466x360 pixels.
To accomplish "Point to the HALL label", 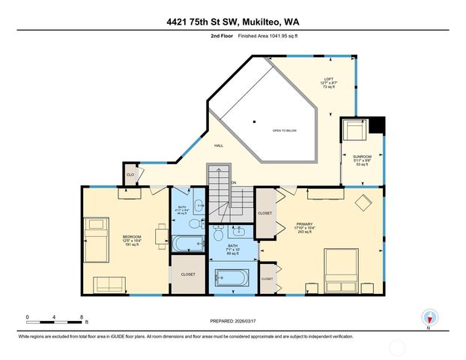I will [x=219, y=145].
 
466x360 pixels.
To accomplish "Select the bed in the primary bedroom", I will [x=345, y=266].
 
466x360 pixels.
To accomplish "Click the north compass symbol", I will [x=429, y=316].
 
